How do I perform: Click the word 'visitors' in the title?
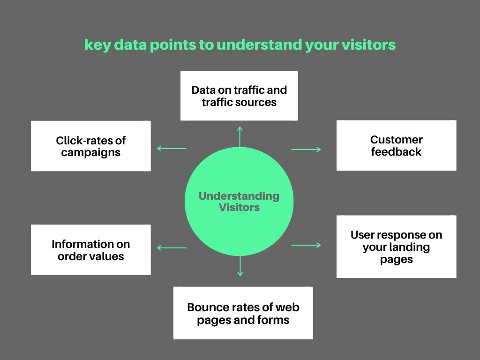tap(368, 45)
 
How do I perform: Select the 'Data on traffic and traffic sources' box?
tap(239, 96)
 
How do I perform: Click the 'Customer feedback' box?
tap(396, 145)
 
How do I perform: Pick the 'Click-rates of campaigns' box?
tap(90, 146)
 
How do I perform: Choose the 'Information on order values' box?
tap(90, 250)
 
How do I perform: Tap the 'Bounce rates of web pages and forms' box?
tap(243, 313)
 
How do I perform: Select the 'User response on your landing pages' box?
tap(396, 247)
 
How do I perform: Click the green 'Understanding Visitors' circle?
tap(239, 202)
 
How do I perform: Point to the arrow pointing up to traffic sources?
tap(240, 137)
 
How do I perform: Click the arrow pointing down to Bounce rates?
tap(240, 266)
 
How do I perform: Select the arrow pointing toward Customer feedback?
tap(306, 150)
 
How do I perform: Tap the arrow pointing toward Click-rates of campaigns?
tap(172, 149)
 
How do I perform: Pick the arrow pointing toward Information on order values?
tap(172, 247)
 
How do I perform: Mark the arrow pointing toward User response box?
tap(306, 245)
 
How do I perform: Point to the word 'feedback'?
tap(396, 151)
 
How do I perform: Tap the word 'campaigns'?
tap(90, 152)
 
